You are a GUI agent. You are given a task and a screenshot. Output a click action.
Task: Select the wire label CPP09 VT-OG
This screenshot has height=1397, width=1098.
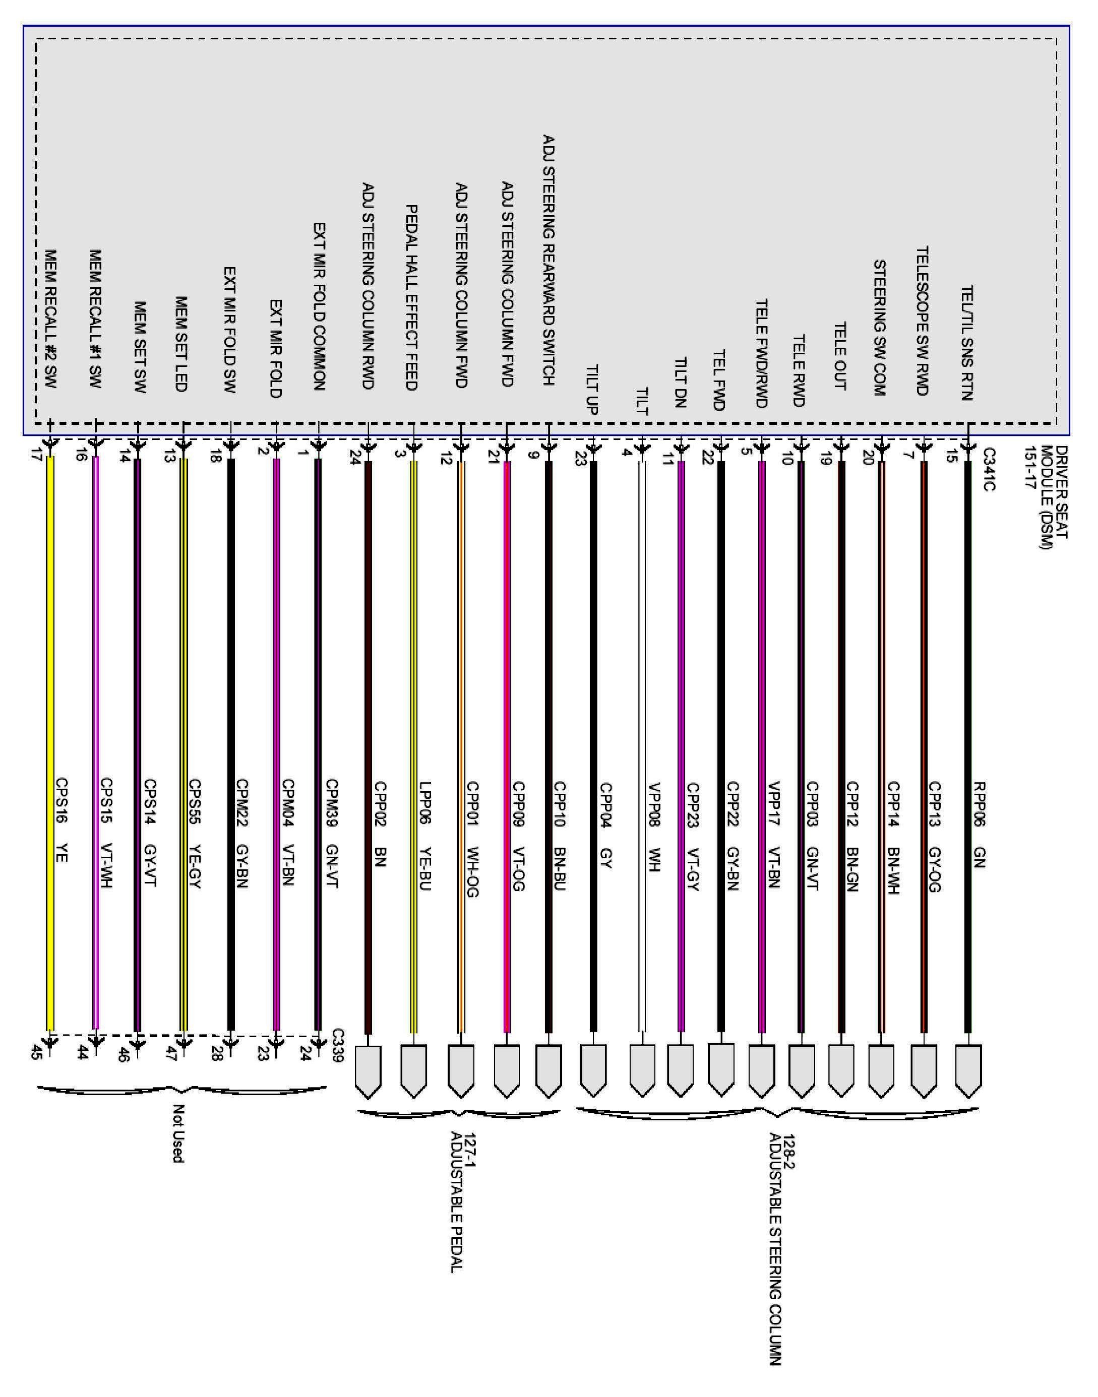[519, 836]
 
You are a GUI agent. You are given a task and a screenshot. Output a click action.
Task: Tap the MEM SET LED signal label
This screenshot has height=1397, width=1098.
[181, 344]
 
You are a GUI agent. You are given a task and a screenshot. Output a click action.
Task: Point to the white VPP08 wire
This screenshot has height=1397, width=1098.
[642, 745]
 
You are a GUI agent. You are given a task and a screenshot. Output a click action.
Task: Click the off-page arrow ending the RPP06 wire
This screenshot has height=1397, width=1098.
[968, 1070]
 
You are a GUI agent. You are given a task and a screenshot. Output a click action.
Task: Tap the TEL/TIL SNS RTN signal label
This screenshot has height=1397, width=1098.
[966, 344]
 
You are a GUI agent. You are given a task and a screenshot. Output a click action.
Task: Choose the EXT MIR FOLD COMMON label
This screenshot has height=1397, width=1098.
[320, 306]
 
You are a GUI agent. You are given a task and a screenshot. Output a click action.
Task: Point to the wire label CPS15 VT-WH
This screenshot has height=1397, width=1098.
[107, 834]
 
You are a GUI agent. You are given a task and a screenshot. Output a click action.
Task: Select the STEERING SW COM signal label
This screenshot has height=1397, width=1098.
[879, 328]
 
